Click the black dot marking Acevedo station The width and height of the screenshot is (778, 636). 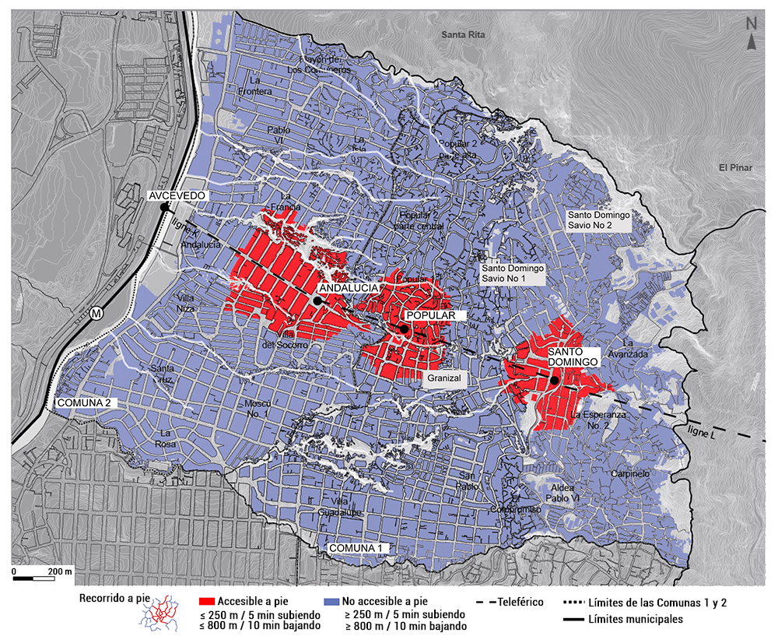[x=164, y=208]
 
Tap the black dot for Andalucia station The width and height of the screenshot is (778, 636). [x=317, y=300]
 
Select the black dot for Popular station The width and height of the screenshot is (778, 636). [x=405, y=329]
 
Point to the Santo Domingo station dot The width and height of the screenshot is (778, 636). [x=554, y=381]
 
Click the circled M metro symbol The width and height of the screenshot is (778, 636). [x=96, y=313]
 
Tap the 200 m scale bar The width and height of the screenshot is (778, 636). [x=43, y=578]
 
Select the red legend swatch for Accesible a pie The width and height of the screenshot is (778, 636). [x=206, y=603]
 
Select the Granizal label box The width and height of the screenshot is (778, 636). [x=444, y=378]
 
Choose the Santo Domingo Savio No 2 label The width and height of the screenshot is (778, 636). [x=598, y=220]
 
